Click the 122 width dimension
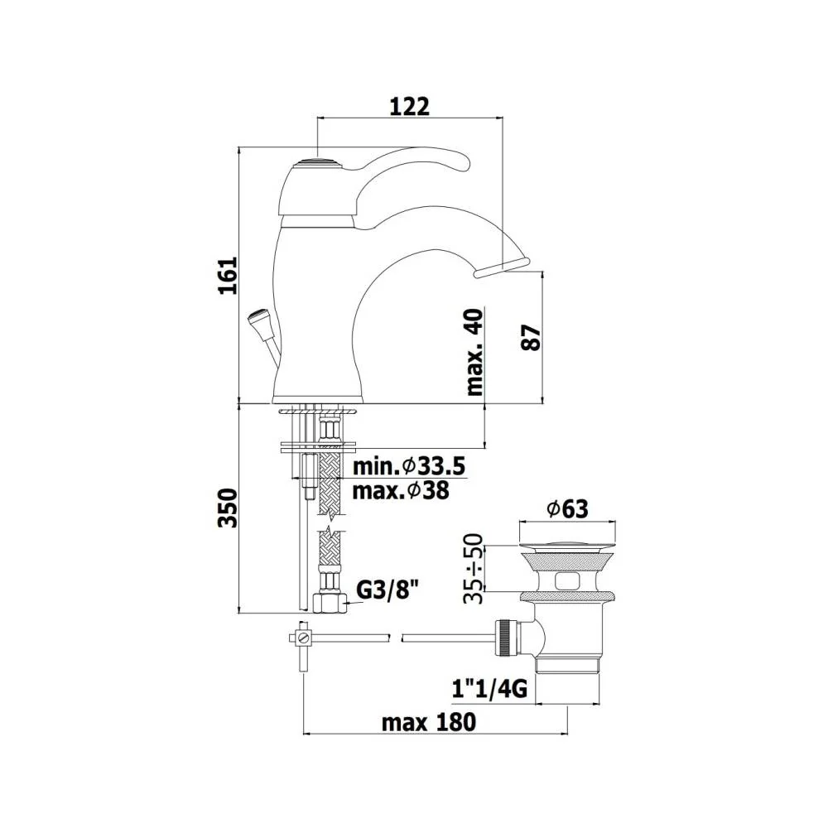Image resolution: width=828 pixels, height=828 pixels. pyautogui.click(x=409, y=107)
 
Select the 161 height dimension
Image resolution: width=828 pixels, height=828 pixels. pyautogui.click(x=229, y=276)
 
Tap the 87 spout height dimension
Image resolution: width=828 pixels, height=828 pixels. pyautogui.click(x=531, y=338)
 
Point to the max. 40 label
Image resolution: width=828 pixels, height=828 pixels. pyautogui.click(x=474, y=352)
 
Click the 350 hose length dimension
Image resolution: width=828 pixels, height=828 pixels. pyautogui.click(x=229, y=508)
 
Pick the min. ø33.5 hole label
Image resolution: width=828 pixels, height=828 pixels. pyautogui.click(x=409, y=467)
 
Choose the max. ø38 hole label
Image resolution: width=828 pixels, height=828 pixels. pyautogui.click(x=401, y=491)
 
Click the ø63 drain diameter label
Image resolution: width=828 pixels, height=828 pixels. pyautogui.click(x=568, y=509)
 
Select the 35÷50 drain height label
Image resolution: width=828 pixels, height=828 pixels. pyautogui.click(x=473, y=569)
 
